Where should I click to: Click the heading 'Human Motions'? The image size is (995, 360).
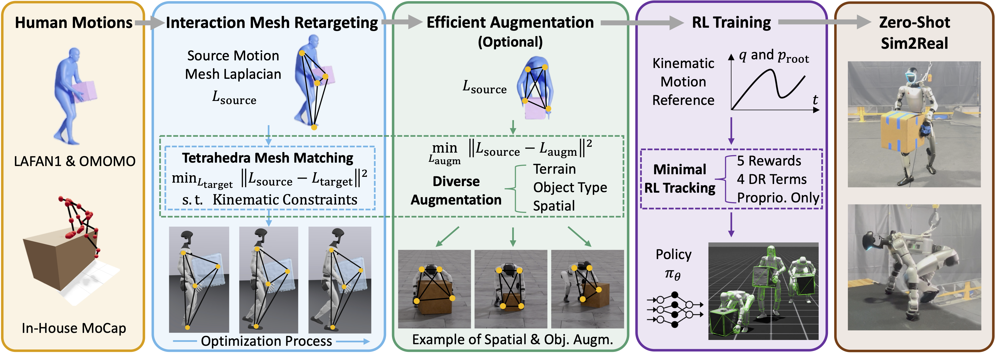click(73, 23)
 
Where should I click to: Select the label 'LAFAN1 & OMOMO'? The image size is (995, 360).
click(75, 161)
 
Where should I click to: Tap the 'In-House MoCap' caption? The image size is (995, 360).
click(74, 328)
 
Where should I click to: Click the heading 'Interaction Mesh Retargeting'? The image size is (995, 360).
click(271, 23)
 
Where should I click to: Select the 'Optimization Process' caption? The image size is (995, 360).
click(266, 341)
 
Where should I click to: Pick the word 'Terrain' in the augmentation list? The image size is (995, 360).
click(554, 169)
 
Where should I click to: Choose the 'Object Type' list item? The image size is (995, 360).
click(570, 188)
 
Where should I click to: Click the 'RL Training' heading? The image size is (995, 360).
click(731, 23)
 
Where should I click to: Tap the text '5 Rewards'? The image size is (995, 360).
click(769, 161)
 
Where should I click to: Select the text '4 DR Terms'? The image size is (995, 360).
click(771, 179)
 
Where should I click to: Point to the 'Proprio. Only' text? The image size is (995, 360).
click(778, 198)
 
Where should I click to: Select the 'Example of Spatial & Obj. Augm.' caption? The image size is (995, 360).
click(512, 339)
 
